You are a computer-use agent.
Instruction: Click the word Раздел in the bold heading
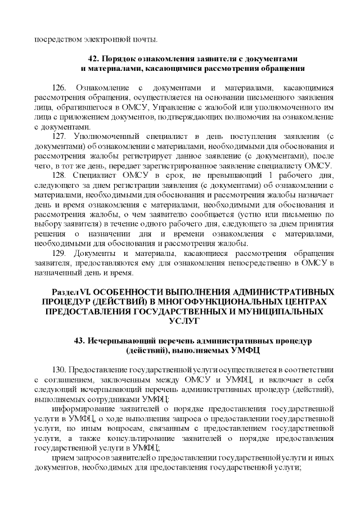(66, 292)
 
